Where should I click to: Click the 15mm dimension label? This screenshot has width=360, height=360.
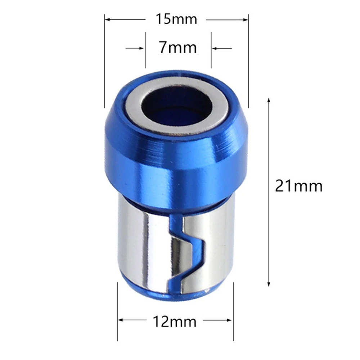(176, 19)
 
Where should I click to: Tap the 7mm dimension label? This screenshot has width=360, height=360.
(178, 48)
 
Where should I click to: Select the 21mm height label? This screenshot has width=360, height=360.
(298, 186)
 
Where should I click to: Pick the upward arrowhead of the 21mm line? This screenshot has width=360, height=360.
(269, 100)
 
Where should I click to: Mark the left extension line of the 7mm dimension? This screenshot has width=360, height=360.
(145, 50)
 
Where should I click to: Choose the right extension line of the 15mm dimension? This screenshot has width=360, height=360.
(248, 61)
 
